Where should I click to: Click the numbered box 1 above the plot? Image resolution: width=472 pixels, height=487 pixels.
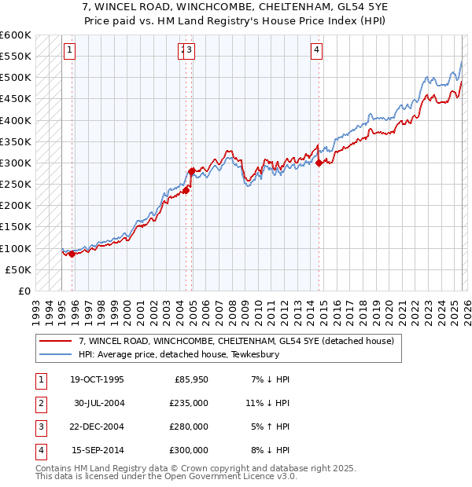click(70, 51)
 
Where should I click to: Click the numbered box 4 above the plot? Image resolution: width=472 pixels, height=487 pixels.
click(316, 51)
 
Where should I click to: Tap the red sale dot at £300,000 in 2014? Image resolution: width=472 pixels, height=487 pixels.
click(319, 163)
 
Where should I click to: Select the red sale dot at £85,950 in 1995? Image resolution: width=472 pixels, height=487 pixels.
click(72, 254)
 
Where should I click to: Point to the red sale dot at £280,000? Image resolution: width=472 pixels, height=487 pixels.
click(191, 170)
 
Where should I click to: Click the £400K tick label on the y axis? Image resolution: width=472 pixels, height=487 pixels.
click(15, 120)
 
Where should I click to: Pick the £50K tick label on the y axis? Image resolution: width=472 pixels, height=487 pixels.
click(18, 269)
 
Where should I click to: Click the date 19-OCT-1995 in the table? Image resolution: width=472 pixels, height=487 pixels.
click(98, 379)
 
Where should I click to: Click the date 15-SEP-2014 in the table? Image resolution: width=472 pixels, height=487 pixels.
click(98, 450)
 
